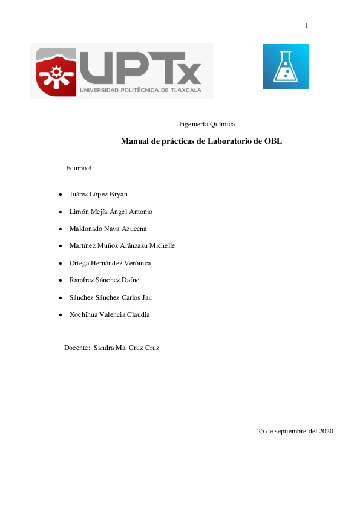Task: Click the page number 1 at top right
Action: (307, 25)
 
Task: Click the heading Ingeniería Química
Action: (207, 124)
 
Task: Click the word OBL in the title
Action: (273, 141)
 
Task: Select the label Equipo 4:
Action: (80, 168)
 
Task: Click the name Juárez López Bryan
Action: (99, 194)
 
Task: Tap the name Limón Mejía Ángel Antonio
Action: (111, 212)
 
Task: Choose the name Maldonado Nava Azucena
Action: (108, 229)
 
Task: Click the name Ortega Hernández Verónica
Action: (110, 263)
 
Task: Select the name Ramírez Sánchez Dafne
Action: (105, 280)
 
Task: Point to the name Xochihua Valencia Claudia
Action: (110, 314)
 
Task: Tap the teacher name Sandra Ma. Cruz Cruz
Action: (126, 348)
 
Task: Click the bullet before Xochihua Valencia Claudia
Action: (59, 315)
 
